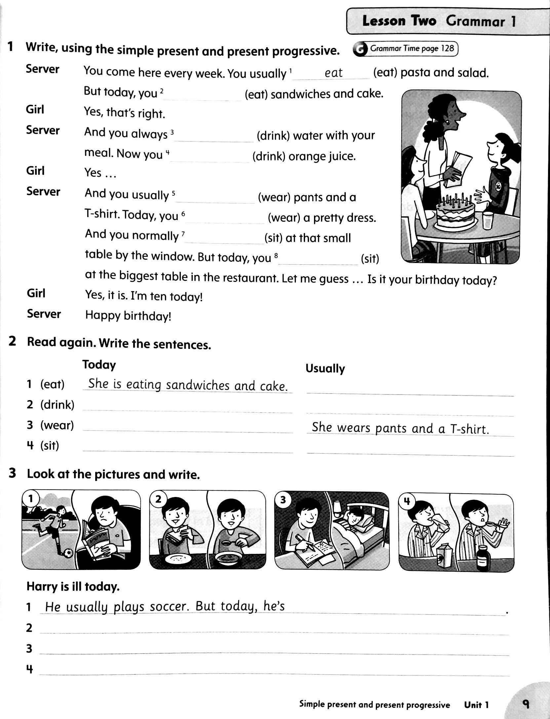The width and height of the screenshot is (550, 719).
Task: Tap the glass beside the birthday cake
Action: (488, 220)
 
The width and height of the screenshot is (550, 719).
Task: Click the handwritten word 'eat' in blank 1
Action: (334, 73)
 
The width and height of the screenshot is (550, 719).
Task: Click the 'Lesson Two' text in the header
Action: (399, 21)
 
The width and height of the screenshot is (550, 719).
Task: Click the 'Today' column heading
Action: (99, 364)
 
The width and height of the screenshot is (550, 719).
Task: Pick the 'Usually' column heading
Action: (325, 368)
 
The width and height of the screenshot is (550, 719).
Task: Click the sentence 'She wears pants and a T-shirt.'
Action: (400, 428)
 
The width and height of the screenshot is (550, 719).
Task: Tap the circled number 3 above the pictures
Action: (283, 500)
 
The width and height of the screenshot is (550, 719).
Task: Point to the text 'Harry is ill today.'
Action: (73, 587)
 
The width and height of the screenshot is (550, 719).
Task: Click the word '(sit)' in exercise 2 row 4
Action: (50, 446)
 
